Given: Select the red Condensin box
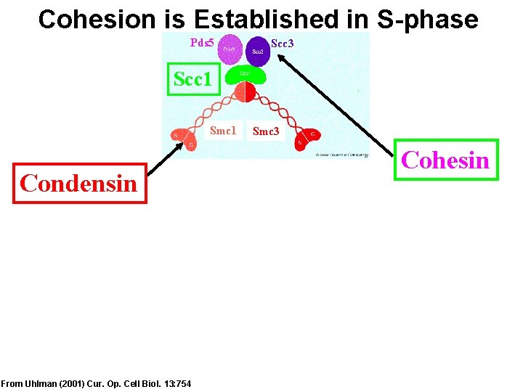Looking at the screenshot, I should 79,183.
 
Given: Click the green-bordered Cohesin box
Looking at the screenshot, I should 446,160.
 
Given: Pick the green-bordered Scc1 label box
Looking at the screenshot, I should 192,78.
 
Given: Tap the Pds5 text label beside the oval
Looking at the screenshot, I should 202,43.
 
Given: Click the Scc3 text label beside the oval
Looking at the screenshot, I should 282,44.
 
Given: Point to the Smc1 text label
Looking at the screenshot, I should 223,131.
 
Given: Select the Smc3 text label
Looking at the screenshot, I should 265,131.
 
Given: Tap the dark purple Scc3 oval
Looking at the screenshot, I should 258,50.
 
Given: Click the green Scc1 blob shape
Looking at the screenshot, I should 245,75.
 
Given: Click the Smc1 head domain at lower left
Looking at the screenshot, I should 183,139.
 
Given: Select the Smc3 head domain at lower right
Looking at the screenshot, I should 306,139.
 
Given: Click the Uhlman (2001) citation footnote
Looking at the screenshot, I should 97,383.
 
